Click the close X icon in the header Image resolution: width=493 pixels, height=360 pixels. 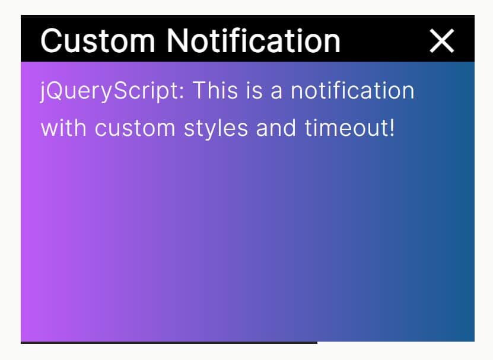click(442, 41)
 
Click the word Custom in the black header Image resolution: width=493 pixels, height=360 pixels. click(98, 41)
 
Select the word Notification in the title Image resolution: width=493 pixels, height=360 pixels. click(253, 41)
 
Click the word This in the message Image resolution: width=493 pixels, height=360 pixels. click(215, 91)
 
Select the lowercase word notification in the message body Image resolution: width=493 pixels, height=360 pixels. click(352, 91)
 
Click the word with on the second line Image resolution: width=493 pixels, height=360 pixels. click(63, 128)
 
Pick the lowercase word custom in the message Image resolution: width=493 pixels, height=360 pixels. click(135, 128)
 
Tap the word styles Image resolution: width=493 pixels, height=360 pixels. click(216, 129)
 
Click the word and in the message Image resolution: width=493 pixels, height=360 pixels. click(276, 128)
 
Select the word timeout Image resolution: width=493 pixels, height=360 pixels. click(346, 128)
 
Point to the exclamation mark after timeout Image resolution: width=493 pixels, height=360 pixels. click(392, 128)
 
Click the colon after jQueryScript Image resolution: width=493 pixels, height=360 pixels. click(182, 93)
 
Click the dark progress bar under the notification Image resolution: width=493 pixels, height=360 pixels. click(169, 343)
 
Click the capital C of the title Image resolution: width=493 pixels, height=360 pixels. click(52, 41)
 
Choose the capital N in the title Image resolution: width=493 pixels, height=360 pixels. click(177, 41)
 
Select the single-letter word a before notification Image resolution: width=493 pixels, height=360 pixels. click(276, 93)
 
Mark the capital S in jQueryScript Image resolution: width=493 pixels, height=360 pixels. click(120, 91)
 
